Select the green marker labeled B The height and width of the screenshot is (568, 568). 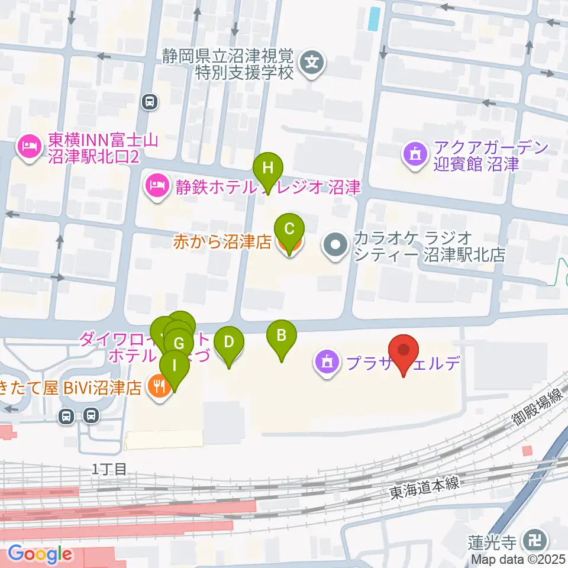coord(282,336)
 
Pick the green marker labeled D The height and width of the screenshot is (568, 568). coord(229,342)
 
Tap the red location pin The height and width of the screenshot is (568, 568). coord(404,350)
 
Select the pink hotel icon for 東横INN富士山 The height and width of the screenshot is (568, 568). coord(29,144)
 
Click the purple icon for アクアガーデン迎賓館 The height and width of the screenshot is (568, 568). coord(414,154)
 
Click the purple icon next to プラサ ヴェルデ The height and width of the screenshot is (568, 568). coord(327,361)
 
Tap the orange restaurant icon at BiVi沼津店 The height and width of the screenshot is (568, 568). coord(159,389)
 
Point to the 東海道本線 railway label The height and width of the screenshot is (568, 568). coord(424,486)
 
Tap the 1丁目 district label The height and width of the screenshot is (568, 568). coord(109,469)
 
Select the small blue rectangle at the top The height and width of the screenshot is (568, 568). coord(373,19)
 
